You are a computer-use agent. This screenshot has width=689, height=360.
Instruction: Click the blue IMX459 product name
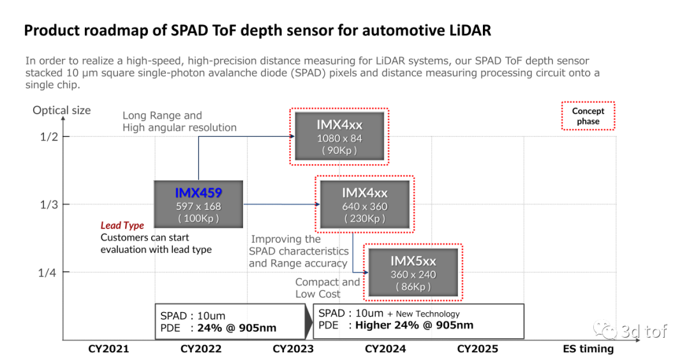[x=198, y=191]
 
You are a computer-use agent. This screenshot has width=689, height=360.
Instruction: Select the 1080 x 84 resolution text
[x=339, y=138]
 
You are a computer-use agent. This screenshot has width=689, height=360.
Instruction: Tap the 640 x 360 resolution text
[x=364, y=206]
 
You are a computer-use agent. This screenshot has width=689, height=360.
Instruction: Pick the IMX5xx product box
[x=413, y=272]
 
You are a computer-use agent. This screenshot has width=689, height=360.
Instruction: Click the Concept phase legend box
[x=588, y=116]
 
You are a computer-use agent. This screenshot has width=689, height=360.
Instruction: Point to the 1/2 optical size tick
[x=48, y=137]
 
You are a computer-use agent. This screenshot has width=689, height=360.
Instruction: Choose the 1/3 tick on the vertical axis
[x=48, y=204]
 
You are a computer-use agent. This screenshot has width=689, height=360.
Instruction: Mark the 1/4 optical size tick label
[x=48, y=273]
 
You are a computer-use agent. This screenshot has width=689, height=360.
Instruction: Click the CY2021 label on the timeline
[x=108, y=349]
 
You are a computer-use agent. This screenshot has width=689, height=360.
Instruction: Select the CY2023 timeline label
[x=293, y=349]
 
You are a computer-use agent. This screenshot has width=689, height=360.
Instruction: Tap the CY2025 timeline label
[x=477, y=349]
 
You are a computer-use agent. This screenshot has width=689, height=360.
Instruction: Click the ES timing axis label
[x=588, y=349]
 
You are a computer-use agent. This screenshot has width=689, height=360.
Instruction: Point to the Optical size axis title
[x=62, y=110]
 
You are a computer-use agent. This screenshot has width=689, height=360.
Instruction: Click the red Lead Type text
[x=122, y=225]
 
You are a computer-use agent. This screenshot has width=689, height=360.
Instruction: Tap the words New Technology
[x=427, y=313]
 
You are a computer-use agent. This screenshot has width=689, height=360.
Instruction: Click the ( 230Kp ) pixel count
[x=364, y=219]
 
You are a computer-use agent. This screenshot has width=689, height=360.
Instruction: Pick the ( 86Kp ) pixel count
[x=413, y=287]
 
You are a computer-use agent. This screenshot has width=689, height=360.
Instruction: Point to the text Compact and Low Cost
[x=327, y=288]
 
